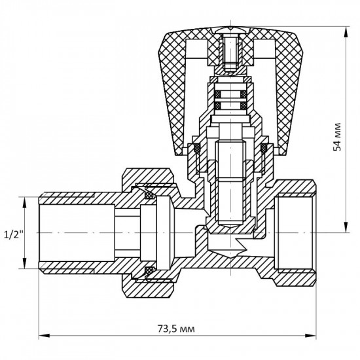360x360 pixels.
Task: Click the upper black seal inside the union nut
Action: [149, 194]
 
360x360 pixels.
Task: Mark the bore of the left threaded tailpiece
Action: [72, 232]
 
